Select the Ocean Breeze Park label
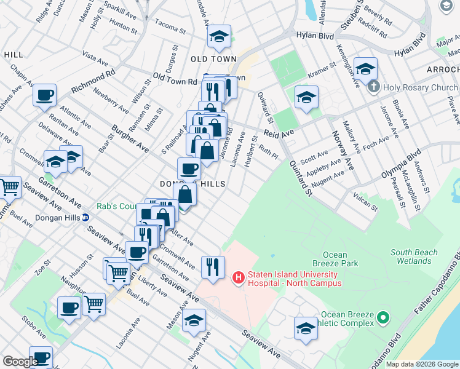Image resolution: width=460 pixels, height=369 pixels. [x=339, y=259]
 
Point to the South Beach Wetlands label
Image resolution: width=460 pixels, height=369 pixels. [x=414, y=256]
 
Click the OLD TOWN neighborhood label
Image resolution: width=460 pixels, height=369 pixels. [x=213, y=59]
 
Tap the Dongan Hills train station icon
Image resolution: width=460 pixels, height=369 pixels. [x=87, y=217]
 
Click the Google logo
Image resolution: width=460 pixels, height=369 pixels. [x=20, y=362]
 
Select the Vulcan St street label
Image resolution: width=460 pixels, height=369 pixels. [x=365, y=202]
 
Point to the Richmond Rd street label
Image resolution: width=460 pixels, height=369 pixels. [x=93, y=81]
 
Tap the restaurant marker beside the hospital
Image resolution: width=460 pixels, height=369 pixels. [x=212, y=266]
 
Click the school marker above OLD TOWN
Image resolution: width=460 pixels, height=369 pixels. [x=218, y=36]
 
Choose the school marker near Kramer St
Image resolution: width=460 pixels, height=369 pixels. [x=306, y=97]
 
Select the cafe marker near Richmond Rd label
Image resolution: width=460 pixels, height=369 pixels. [x=46, y=96]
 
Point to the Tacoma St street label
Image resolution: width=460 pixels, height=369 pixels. [x=170, y=28]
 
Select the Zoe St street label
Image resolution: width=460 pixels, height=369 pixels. [x=42, y=268]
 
